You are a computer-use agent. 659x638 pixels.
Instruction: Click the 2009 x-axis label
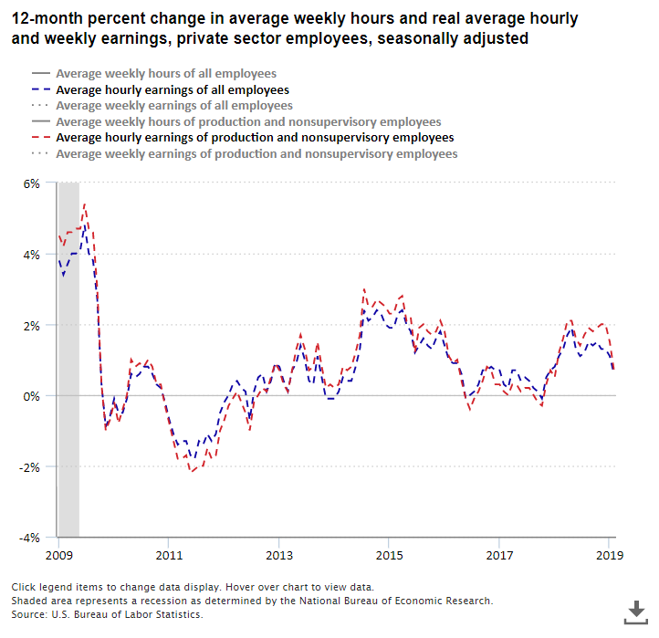point(58,555)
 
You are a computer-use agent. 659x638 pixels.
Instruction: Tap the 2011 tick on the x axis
point(168,555)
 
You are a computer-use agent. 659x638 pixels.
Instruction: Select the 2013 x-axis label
point(278,555)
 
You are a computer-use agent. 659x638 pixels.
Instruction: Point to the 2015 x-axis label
point(389,555)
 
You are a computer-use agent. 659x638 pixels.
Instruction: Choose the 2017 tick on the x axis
point(499,555)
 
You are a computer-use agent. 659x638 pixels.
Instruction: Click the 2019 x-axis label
point(609,555)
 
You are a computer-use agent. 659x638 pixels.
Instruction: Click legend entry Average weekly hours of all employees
point(166,74)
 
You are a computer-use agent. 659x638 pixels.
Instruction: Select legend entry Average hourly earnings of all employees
point(173,90)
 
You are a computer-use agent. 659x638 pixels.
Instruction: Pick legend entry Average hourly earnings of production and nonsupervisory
point(255,138)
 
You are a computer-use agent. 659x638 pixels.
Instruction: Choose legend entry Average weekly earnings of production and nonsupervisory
point(256,154)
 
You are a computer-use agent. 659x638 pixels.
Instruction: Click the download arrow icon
point(635,611)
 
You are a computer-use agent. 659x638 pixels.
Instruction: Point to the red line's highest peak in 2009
point(85,204)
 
